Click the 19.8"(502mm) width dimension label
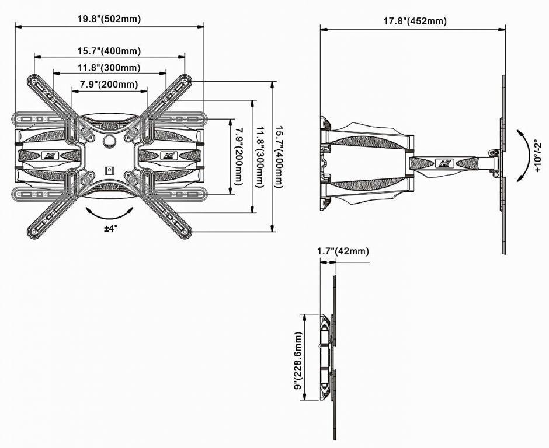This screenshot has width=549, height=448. [x=109, y=19]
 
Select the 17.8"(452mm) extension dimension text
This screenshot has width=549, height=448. [x=415, y=22]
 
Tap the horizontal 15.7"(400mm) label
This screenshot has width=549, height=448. [x=109, y=51]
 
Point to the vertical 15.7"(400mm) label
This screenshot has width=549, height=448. [x=279, y=157]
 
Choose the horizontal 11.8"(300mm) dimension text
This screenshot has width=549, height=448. [x=109, y=68]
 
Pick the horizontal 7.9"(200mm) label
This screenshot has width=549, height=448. [x=109, y=84]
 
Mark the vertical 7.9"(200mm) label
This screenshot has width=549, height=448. [x=239, y=156]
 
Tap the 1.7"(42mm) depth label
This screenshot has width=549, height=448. [x=343, y=251]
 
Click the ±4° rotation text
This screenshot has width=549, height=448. [x=110, y=228]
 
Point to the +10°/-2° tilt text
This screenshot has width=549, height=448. [x=538, y=156]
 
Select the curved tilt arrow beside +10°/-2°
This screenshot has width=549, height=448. [x=524, y=155]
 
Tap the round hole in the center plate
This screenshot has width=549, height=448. [x=110, y=141]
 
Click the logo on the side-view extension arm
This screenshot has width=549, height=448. [x=444, y=163]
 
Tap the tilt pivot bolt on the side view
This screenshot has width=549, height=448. [x=495, y=152]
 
